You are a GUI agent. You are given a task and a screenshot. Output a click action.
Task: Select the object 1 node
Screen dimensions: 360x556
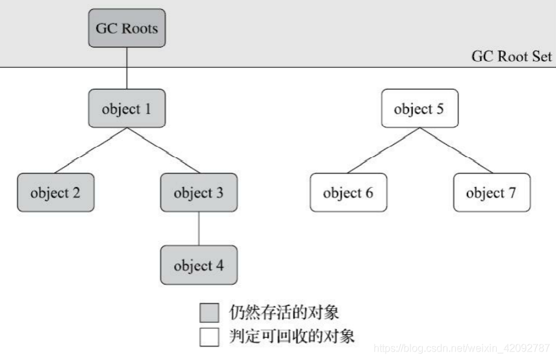127,109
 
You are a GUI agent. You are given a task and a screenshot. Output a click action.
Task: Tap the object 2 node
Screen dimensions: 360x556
55,193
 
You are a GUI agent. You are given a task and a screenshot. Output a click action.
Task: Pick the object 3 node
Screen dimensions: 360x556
198,193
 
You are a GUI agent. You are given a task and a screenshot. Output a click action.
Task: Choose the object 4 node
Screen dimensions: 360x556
198,265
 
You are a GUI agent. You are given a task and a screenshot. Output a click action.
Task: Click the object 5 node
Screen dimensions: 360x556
419,109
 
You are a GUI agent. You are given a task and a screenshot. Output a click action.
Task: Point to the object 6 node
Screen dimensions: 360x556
348,193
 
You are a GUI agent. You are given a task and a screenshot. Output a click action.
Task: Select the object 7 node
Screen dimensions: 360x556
491,193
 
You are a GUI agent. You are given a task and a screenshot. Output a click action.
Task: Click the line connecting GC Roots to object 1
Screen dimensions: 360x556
127,68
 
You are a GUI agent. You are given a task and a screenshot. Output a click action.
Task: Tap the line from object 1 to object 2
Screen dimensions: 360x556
91,151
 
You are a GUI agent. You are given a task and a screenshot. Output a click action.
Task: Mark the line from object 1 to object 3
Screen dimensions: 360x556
162,151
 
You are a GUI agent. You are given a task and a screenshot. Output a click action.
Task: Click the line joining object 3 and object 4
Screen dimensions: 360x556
198,229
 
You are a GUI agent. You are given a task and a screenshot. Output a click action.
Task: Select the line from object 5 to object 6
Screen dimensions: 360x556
383,151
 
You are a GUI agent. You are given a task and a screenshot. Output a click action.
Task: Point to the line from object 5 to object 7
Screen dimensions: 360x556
455,151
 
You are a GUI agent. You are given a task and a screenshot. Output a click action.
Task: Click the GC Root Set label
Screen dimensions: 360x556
512,57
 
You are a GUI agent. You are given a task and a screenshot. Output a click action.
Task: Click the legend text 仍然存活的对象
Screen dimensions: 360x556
284,312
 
